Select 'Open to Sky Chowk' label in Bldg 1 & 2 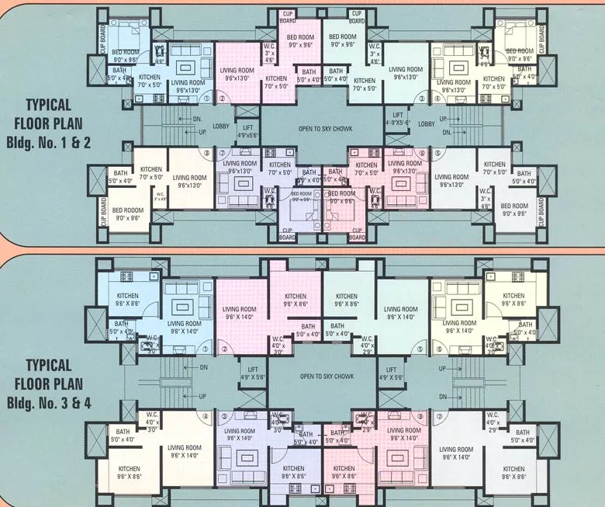[x=325, y=127]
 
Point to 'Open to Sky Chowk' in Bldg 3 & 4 [x=325, y=377]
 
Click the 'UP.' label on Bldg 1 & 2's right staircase [x=443, y=119]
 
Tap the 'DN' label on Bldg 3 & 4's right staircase [x=441, y=396]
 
